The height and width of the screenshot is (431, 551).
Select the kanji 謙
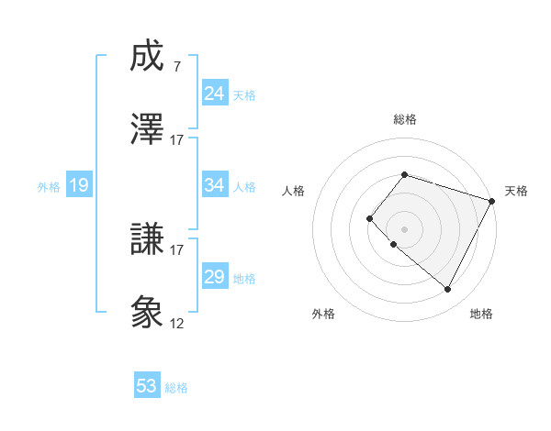coord(148,241)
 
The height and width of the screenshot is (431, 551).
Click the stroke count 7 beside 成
coord(177,67)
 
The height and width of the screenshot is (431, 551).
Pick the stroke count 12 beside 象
coord(177,324)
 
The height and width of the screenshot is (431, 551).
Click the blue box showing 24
coord(215,94)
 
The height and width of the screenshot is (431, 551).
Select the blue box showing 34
coord(215,186)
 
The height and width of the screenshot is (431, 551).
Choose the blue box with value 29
coord(215,277)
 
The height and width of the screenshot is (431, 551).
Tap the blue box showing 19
coord(79,186)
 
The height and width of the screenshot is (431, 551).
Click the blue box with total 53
coord(147,386)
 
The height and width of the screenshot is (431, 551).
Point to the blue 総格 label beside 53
coord(176,388)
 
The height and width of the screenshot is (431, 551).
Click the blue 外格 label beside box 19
coord(49,187)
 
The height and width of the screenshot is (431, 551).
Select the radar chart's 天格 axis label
coord(516,191)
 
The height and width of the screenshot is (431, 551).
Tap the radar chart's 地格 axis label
coord(481,314)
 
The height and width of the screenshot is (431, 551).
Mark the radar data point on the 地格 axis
coord(447,290)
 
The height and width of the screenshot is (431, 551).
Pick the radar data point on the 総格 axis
coord(404,174)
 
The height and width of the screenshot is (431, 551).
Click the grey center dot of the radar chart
coord(404,228)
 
